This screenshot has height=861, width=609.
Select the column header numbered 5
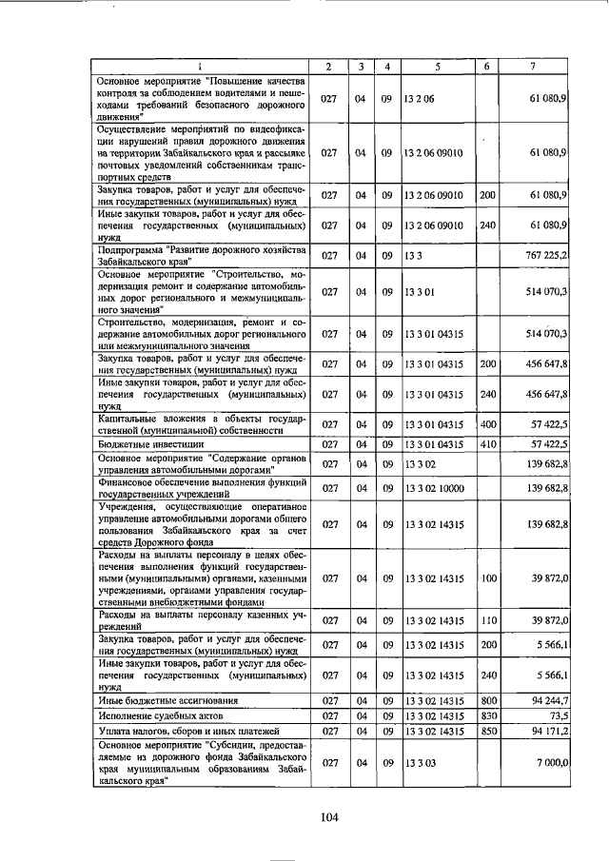[x=438, y=66]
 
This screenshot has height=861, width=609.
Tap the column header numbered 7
[x=538, y=66]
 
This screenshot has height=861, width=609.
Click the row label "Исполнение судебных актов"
[x=158, y=715]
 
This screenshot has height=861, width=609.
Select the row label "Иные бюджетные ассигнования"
[x=163, y=700]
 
